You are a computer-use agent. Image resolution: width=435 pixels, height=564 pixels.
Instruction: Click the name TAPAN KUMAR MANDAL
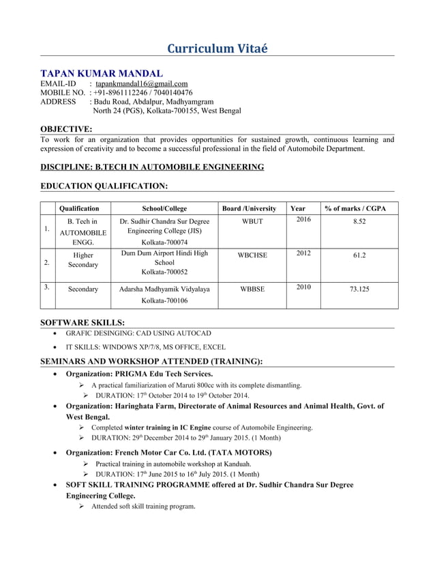pyautogui.click(x=102, y=73)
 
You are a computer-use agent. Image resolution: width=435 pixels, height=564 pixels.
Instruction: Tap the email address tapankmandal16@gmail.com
pyautogui.click(x=141, y=84)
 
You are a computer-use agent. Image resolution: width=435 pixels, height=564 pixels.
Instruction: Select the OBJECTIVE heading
pyautogui.click(x=66, y=129)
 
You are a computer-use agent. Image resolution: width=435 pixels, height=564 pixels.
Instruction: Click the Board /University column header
pyautogui.click(x=250, y=208)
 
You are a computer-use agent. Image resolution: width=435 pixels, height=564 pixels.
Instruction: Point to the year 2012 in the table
pyautogui.click(x=303, y=253)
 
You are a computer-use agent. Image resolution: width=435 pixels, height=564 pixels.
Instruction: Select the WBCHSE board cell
pyautogui.click(x=252, y=255)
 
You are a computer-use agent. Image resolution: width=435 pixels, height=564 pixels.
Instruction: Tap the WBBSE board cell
pyautogui.click(x=252, y=289)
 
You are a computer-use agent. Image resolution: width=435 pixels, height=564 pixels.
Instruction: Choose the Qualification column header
pyautogui.click(x=80, y=208)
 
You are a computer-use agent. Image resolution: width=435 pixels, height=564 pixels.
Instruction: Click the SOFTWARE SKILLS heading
pyautogui.click(x=82, y=322)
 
